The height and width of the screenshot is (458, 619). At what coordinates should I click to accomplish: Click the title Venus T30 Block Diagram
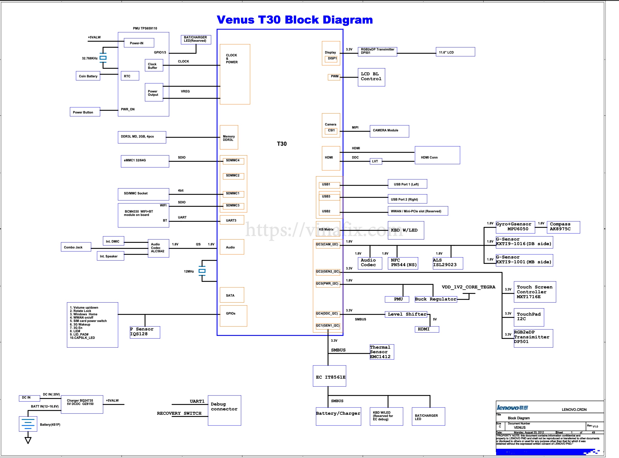[x=295, y=20]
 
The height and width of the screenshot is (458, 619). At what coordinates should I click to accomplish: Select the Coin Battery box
[x=88, y=76]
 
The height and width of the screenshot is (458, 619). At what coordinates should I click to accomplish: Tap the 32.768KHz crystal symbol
[x=103, y=58]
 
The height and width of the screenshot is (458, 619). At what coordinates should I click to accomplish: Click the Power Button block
[x=84, y=112]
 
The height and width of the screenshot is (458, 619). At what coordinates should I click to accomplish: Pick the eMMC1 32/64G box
[x=145, y=161]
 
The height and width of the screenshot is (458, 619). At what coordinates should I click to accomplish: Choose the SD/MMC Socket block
[x=143, y=194]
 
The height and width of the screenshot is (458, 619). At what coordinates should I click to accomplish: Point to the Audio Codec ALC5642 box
[x=158, y=248]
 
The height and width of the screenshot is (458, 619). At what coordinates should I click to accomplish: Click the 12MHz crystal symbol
[x=202, y=271]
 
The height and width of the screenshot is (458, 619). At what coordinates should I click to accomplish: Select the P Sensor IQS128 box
[x=145, y=332]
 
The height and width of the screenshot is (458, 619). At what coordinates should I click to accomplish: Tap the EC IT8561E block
[x=329, y=376]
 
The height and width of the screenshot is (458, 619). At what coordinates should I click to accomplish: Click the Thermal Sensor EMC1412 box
[x=381, y=352]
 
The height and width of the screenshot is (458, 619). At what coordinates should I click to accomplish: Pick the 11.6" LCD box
[x=455, y=52]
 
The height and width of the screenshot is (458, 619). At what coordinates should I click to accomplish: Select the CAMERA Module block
[x=389, y=131]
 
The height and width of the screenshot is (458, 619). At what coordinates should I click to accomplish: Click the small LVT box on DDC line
[x=376, y=161]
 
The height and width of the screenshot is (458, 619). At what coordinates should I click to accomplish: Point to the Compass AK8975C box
[x=563, y=227]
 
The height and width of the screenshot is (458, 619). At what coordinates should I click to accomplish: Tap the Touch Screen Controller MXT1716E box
[x=535, y=292]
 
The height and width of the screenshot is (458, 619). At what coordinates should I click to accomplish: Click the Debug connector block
[x=224, y=410]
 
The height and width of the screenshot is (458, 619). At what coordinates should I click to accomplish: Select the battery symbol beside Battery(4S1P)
[x=28, y=424]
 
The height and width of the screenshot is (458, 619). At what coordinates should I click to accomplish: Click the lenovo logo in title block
[x=512, y=407]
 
